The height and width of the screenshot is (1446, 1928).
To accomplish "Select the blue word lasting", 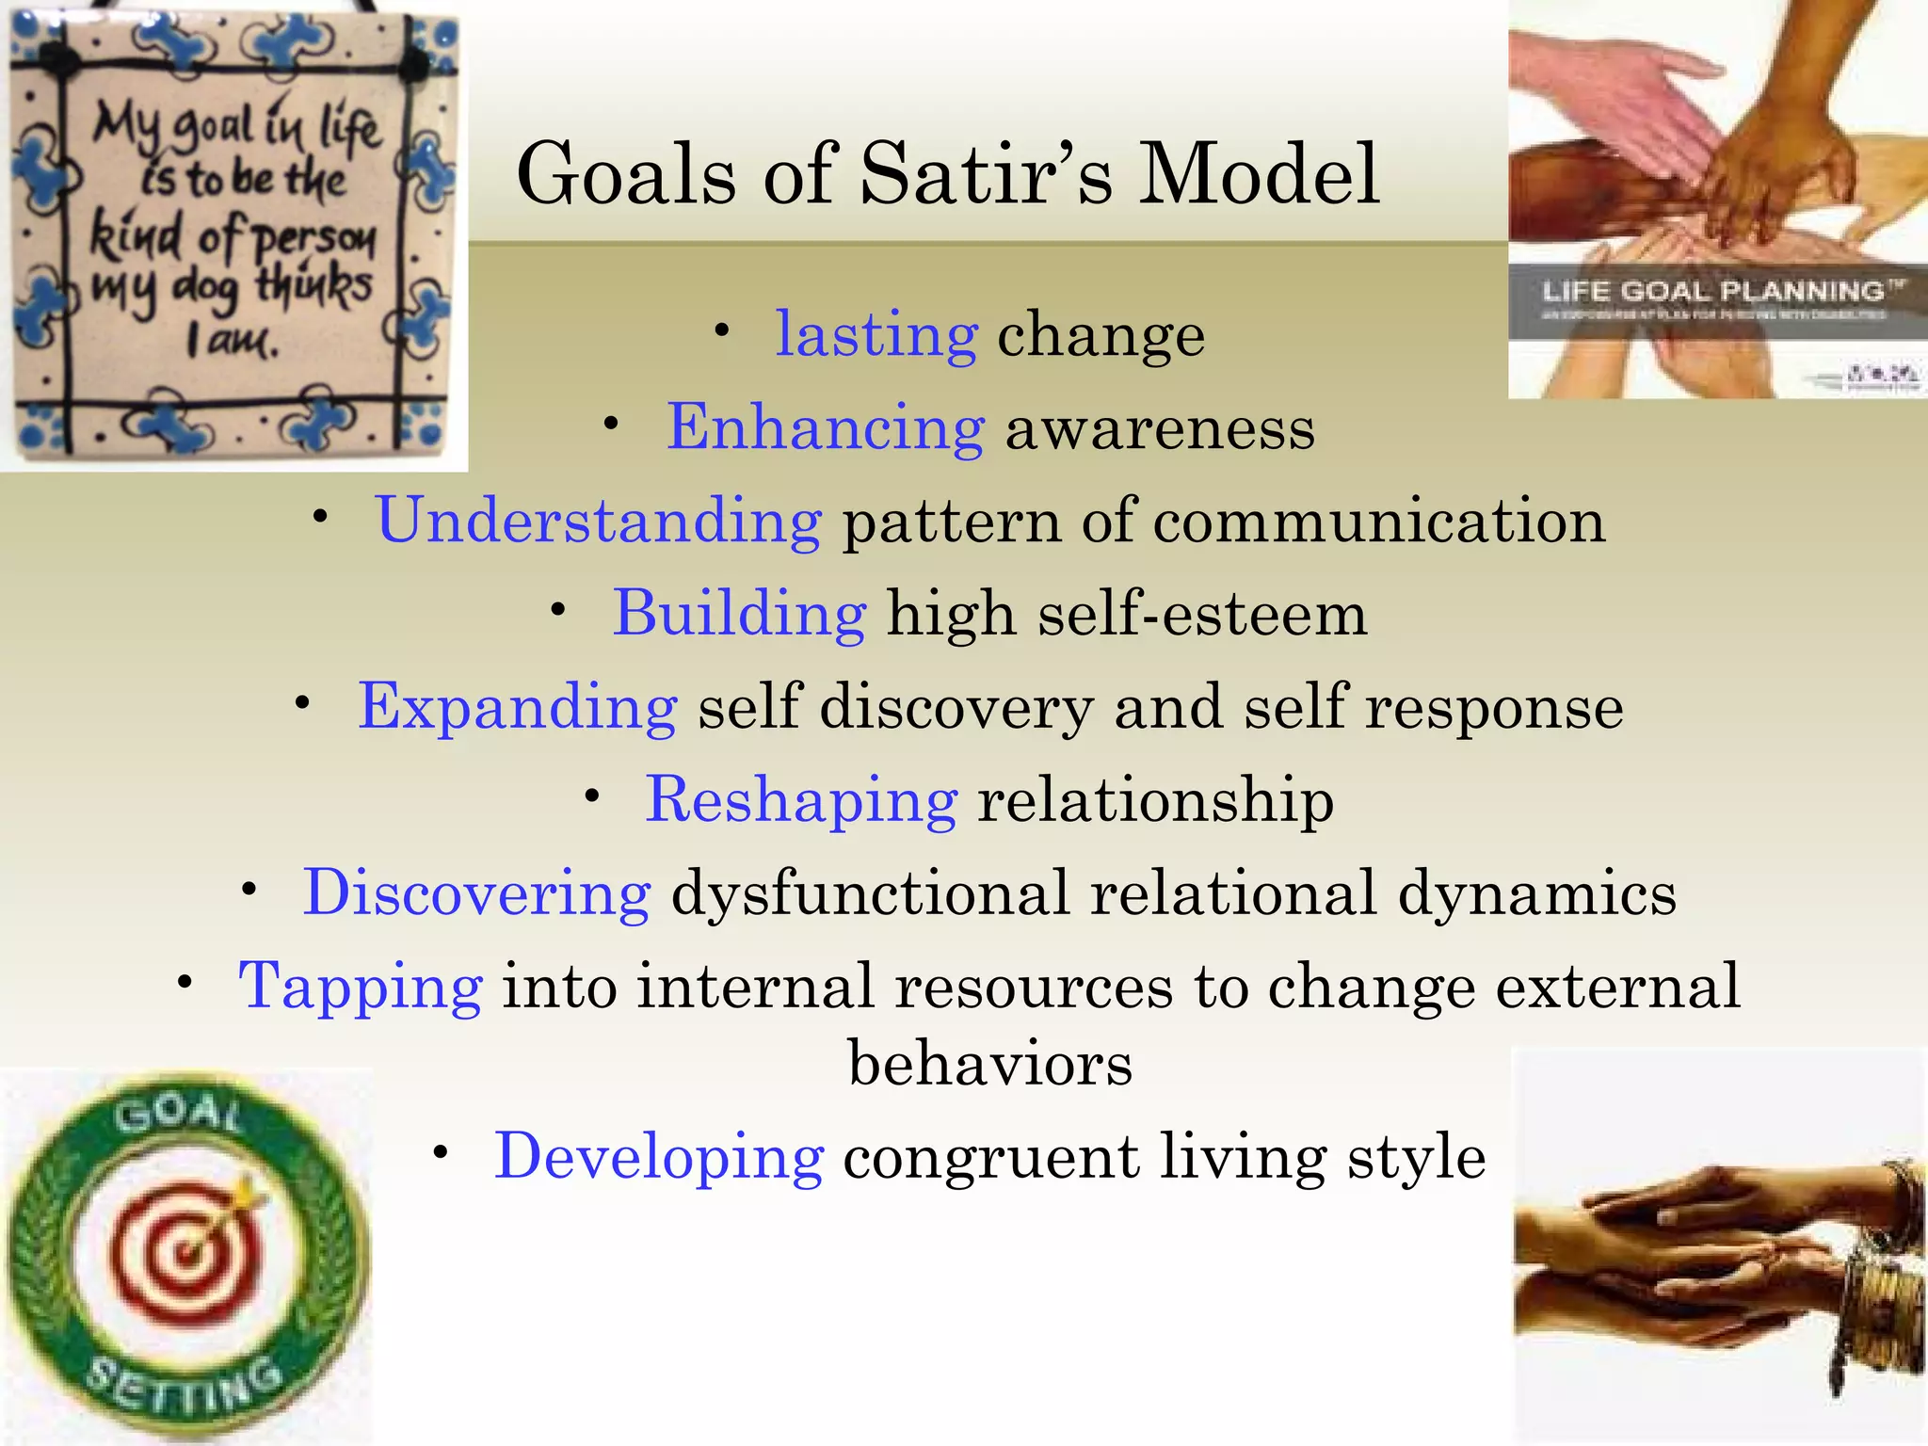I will coord(876,334).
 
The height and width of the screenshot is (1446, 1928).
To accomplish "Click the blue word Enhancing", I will coord(826,427).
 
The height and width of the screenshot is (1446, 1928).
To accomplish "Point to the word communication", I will coord(1379,521).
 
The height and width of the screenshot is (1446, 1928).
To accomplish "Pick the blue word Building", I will coord(739,614).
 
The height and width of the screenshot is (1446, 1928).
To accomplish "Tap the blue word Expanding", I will coord(517,707).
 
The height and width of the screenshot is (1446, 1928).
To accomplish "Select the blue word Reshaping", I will coord(801,800).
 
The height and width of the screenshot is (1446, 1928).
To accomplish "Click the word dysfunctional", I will coord(870,892).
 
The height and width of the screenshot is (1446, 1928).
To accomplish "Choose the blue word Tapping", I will coord(361,987).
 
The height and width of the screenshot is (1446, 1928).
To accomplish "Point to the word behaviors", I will coord(990,1064).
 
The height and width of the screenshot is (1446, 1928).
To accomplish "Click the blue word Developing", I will coord(659,1157).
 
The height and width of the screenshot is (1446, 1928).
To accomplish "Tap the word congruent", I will coord(990,1157).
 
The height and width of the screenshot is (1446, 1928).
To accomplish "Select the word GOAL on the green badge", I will coord(179,1116).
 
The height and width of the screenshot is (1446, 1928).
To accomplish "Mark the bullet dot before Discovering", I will coord(249,890).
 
